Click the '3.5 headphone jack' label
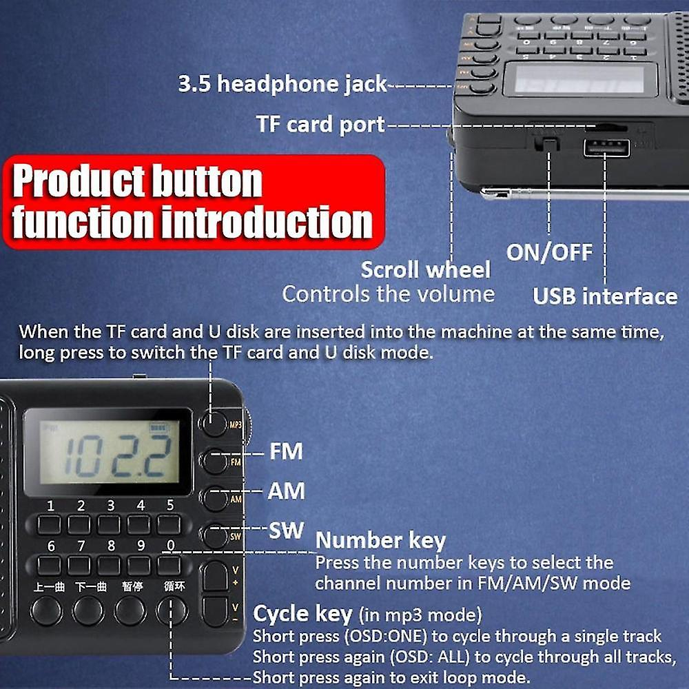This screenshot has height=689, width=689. pyautogui.click(x=282, y=84)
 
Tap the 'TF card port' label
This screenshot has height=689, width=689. pyautogui.click(x=320, y=125)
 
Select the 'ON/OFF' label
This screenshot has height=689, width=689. pyautogui.click(x=549, y=251)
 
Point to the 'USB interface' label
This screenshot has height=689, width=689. pyautogui.click(x=605, y=296)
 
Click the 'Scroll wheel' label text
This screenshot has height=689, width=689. pyautogui.click(x=426, y=269)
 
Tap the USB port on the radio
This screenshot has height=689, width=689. pyautogui.click(x=606, y=147)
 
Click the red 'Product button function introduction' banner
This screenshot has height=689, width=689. pyautogui.click(x=193, y=202)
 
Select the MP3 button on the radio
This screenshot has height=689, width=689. pyautogui.click(x=216, y=422)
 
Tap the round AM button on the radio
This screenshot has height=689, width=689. pyautogui.click(x=216, y=498)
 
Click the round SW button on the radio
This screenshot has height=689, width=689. pyautogui.click(x=216, y=535)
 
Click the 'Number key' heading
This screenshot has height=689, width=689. pyautogui.click(x=380, y=541)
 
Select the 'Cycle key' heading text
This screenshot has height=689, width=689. pyautogui.click(x=303, y=613)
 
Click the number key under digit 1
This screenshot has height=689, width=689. pyautogui.click(x=49, y=525)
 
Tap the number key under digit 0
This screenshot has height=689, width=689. pyautogui.click(x=169, y=566)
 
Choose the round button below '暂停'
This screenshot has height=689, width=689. pyautogui.click(x=130, y=610)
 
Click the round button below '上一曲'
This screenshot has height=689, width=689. pyautogui.click(x=47, y=610)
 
